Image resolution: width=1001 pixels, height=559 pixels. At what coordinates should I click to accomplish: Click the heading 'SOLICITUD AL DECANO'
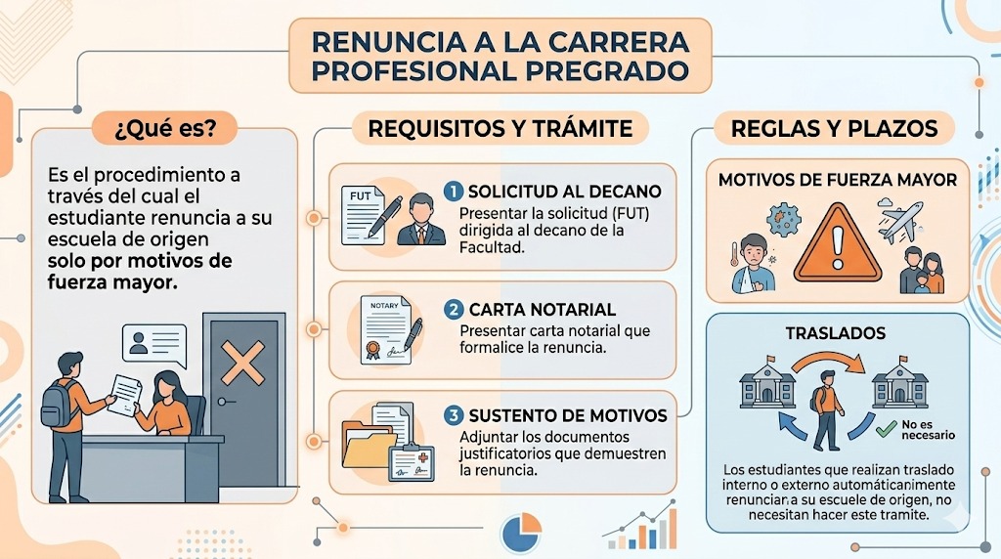(564, 192)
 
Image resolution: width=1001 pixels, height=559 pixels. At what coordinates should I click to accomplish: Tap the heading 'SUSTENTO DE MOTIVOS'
(567, 415)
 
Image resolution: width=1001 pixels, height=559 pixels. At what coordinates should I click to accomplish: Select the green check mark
(887, 427)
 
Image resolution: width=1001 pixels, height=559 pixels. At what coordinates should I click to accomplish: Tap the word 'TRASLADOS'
(836, 333)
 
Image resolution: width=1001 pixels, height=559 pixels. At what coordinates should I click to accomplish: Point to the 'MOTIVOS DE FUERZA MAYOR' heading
(837, 180)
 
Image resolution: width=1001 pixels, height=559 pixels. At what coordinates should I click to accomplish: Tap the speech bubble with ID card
(153, 344)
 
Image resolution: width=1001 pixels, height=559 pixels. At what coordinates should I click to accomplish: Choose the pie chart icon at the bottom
(520, 534)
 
